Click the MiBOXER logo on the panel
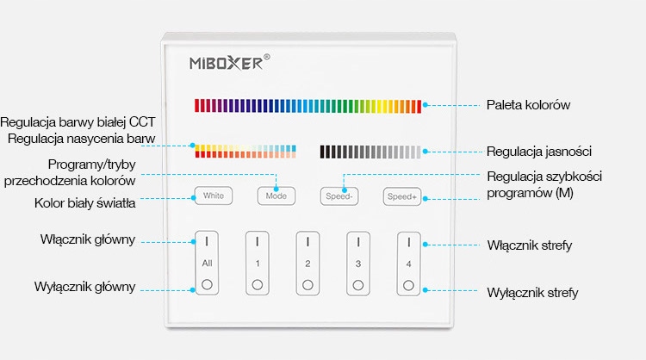pos(230,62)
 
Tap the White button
pos(214,196)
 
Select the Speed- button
pos(340,196)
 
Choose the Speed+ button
pos(402,196)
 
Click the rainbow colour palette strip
pos(307,106)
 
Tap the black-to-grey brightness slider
pos(371,152)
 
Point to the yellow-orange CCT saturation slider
pos(245,151)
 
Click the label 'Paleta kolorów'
pos(528,105)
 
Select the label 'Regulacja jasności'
pos(538,152)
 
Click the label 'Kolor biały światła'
pos(84,203)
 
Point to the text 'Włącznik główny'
pos(87,239)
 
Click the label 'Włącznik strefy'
pos(529,245)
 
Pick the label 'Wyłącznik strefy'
pos(531,292)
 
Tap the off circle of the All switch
pos(207,283)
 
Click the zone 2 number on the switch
pos(307,263)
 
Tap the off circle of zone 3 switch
pos(357,283)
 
